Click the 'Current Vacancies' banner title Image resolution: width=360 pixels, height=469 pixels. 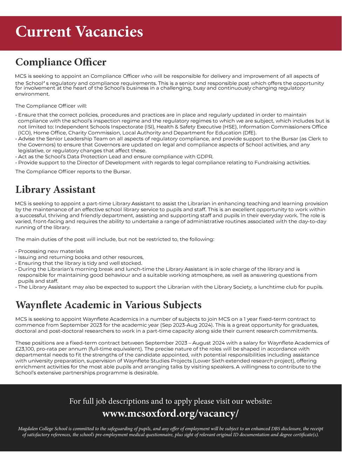[79, 32]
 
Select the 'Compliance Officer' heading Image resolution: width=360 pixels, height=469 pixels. [61, 62]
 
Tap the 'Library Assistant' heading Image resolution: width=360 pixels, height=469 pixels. [55, 189]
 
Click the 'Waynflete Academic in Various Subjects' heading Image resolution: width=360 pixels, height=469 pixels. [109, 305]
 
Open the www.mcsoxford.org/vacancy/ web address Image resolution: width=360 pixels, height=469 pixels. [170, 413]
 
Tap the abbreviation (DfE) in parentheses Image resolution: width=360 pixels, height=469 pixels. [249, 133]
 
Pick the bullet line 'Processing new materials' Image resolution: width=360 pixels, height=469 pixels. [51, 251]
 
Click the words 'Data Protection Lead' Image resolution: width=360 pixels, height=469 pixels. [83, 157]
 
